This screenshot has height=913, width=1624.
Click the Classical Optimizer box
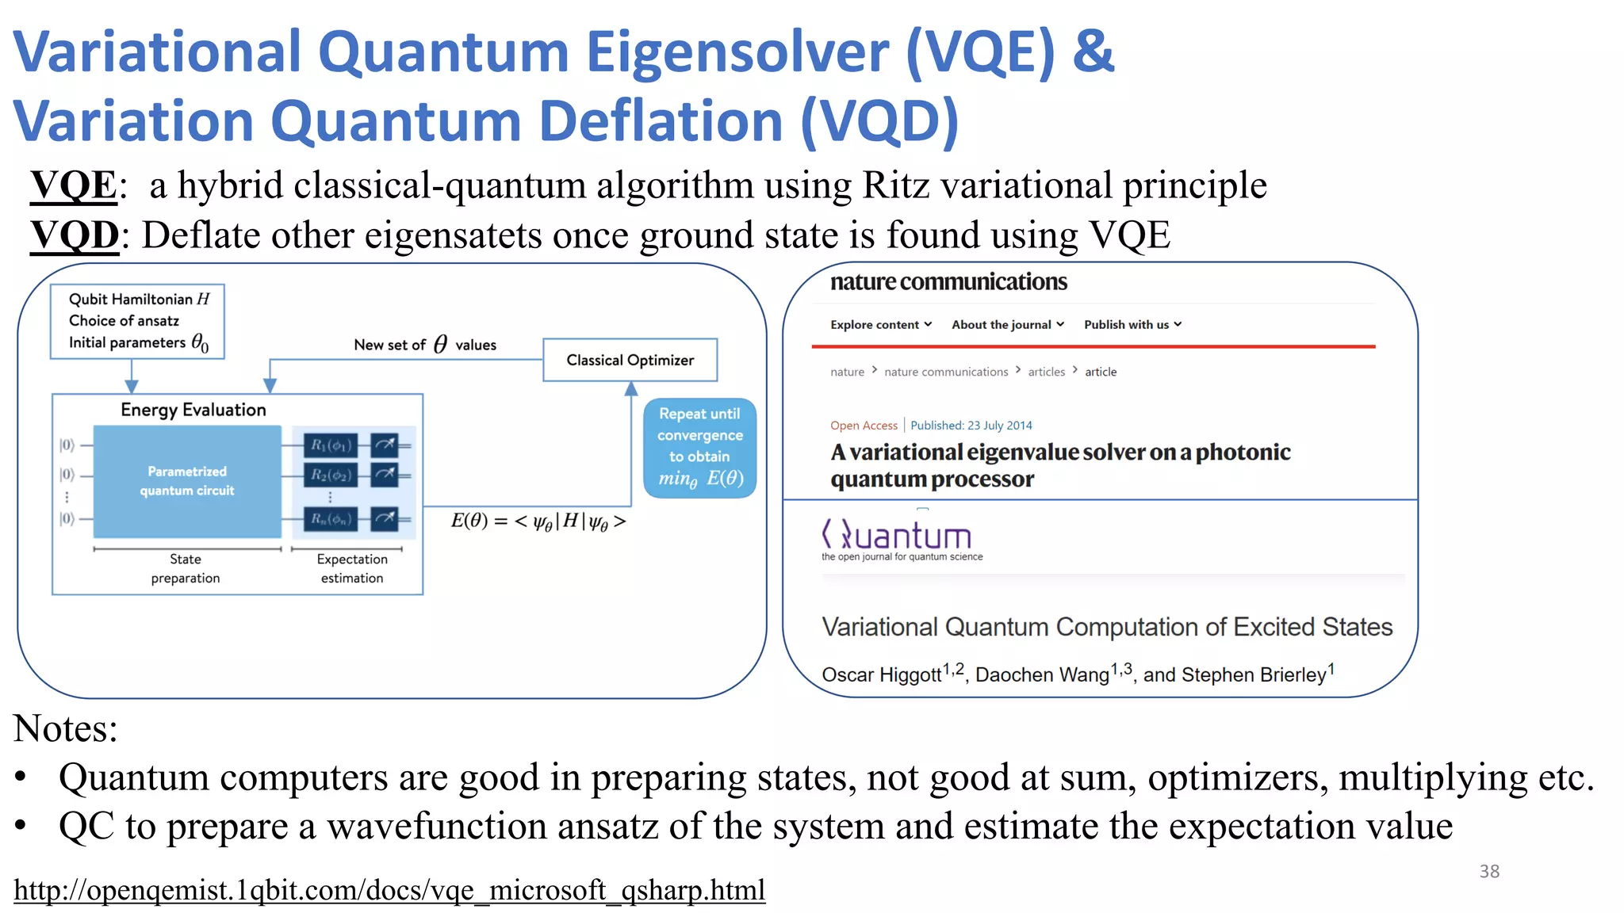coord(630,360)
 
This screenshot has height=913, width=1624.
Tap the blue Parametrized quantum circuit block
coord(187,481)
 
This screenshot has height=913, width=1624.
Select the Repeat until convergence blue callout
coord(699,448)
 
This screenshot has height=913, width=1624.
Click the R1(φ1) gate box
coord(331,445)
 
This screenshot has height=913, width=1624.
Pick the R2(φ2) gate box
coord(331,475)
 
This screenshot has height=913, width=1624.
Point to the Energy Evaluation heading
coord(193,410)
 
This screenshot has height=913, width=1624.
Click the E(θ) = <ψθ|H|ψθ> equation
coord(538,521)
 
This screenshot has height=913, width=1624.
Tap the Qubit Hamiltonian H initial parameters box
coord(137,321)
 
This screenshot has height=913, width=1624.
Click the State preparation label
coord(185,568)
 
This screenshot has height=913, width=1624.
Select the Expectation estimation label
coord(352,568)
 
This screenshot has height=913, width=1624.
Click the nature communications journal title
coord(948,282)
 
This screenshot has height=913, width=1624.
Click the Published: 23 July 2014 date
coord(971,426)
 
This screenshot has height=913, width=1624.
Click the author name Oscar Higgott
coord(881,674)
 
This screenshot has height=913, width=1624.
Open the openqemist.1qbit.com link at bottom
coord(389,890)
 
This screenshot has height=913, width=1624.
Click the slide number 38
coord(1488,871)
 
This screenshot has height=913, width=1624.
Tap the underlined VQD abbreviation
coord(75,235)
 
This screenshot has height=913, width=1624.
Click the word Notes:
coord(65,728)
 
